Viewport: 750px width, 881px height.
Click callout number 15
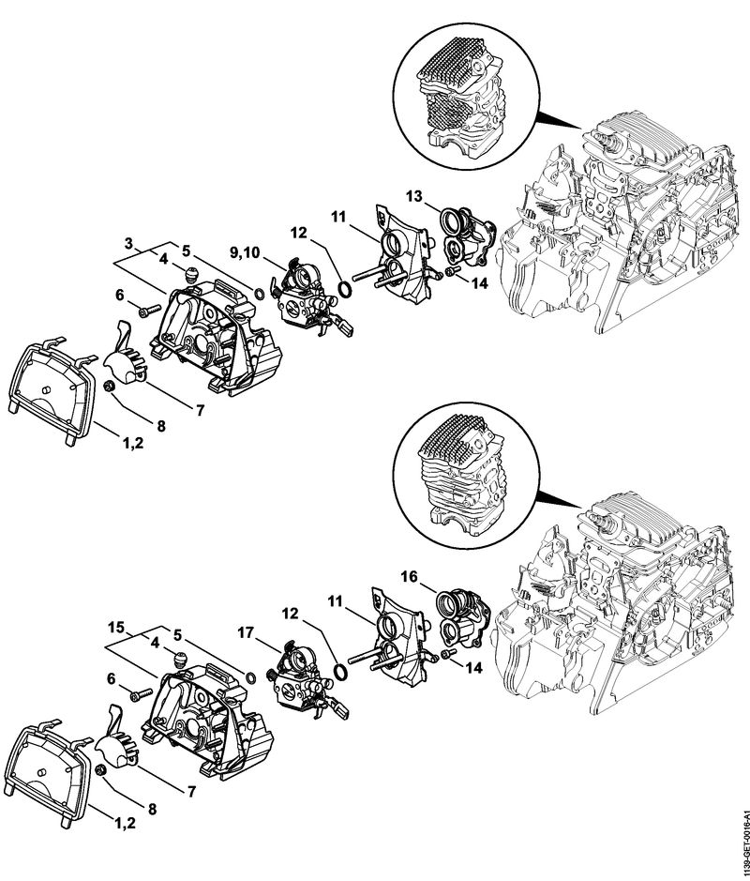(x=115, y=626)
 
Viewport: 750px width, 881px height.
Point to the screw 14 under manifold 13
(x=451, y=271)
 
